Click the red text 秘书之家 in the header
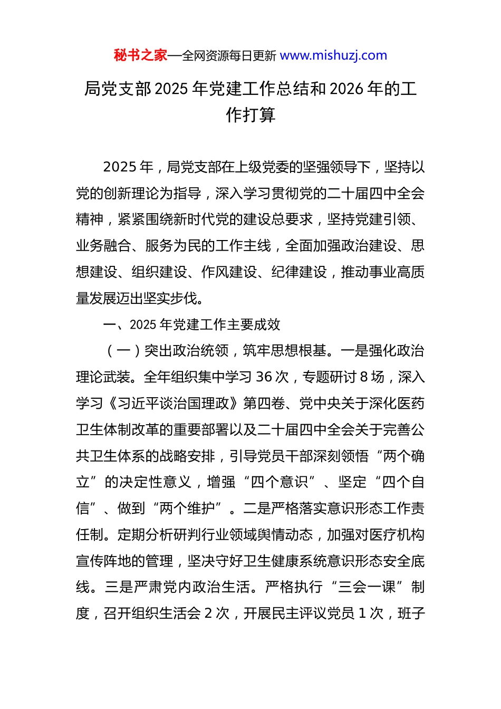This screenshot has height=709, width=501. point(140,55)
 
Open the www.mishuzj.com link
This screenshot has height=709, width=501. point(333,55)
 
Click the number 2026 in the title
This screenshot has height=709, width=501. point(346,89)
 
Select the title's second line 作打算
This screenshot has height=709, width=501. point(250,115)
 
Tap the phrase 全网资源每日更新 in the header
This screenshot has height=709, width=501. point(229,56)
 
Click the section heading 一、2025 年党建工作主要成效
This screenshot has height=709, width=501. point(192,324)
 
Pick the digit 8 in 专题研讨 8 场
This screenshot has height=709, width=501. point(364,377)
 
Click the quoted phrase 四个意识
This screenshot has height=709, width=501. point(280,482)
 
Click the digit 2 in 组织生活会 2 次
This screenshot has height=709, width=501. point(208,614)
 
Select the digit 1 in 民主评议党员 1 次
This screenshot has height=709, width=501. point(362,614)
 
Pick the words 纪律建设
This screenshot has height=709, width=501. point(299,272)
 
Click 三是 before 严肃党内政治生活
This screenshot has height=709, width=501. point(119,587)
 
